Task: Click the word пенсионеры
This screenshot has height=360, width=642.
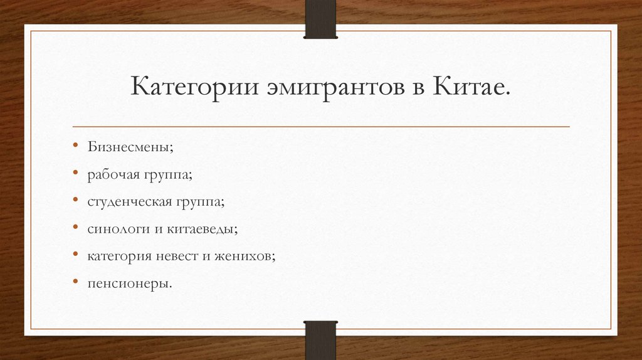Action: [x=129, y=283]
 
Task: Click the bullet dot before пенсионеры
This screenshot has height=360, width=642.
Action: [x=75, y=283]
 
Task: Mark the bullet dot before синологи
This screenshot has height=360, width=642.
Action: [x=75, y=228]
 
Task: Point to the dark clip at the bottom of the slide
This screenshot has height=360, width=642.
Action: [x=320, y=341]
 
